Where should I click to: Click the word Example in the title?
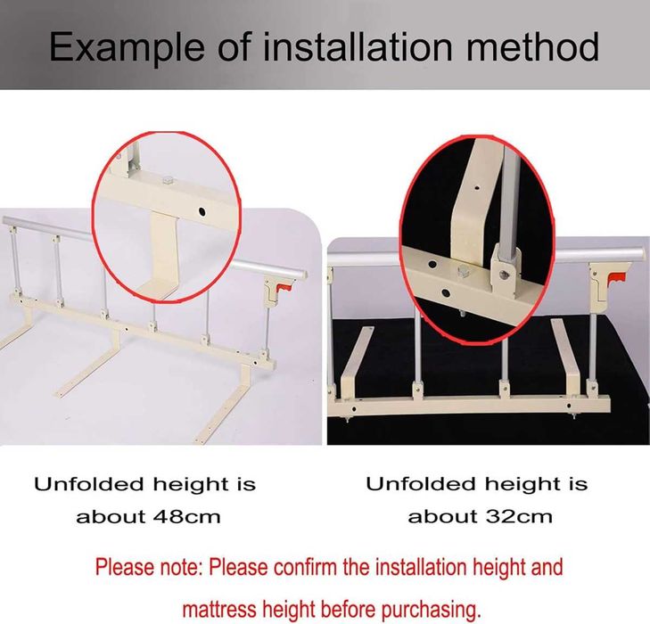coord(127,48)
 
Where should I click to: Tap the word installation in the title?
coord(358,46)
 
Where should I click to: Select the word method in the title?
coord(532,46)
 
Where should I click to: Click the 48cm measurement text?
coord(187,517)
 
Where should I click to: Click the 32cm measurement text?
coord(519,517)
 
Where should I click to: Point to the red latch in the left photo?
coord(284,287)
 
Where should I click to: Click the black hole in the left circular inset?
coord(202,212)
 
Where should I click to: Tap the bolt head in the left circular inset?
coord(168,180)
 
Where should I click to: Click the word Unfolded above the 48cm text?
coord(90,484)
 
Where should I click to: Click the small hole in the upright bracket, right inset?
coord(477,188)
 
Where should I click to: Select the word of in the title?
coord(234,46)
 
